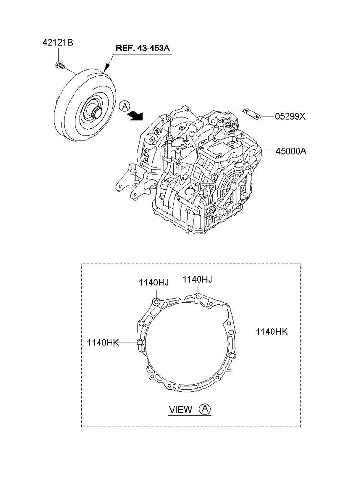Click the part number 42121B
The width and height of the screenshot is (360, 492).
click(x=58, y=42)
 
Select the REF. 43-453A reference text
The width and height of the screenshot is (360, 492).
click(x=143, y=49)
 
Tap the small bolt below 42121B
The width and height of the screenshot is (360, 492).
click(x=60, y=65)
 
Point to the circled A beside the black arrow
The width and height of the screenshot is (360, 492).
click(x=124, y=106)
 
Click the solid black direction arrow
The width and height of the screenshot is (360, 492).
click(x=136, y=115)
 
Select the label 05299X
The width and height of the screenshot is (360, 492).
click(x=290, y=116)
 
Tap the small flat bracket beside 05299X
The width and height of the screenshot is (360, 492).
click(x=251, y=114)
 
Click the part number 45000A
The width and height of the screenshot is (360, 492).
click(x=291, y=151)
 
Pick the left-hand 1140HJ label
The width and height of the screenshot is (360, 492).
click(x=154, y=283)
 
